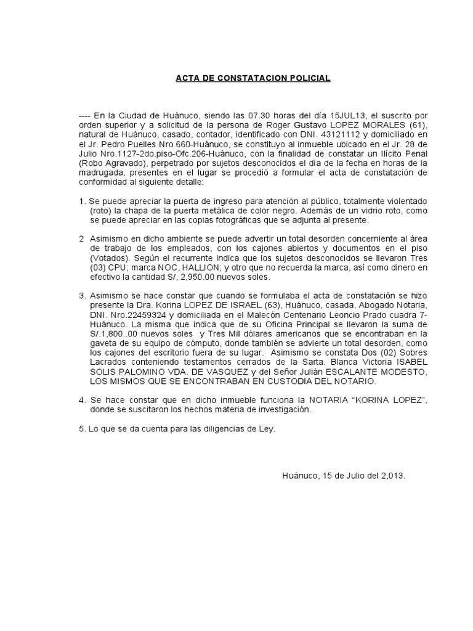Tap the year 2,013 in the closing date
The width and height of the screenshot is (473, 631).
[x=390, y=476]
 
